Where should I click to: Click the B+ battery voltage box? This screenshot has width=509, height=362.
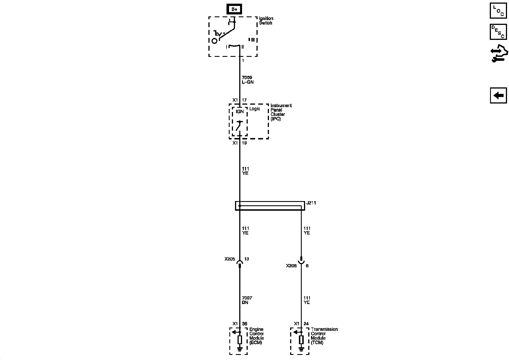coord(234,9)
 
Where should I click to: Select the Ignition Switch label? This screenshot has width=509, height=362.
coord(266,21)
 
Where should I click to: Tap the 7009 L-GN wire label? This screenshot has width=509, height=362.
coord(248,80)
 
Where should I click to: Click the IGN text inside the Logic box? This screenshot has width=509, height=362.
coord(240,111)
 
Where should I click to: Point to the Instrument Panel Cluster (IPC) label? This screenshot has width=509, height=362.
coord(281,112)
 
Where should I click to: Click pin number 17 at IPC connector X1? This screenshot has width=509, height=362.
coord(244,100)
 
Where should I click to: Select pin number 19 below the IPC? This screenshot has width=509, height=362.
coord(244,143)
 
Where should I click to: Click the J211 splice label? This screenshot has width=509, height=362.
coord(311,203)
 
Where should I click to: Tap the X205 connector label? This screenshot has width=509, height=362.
coord(230,259)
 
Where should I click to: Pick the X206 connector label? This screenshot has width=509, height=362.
coord(291,266)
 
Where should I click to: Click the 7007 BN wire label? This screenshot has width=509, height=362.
coord(247,300)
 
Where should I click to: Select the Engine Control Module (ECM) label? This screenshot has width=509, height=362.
coord(256,336)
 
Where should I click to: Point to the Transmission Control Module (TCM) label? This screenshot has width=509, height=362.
coord(324,336)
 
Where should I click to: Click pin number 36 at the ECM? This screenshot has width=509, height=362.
coord(245,324)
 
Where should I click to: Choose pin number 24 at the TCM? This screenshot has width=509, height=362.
coord(306,324)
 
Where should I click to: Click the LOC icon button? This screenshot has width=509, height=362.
coord(499,11)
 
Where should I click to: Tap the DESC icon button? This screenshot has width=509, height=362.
coord(499,32)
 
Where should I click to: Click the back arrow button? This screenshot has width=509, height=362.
coord(499,96)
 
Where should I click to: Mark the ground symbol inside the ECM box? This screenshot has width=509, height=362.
coord(240,350)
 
